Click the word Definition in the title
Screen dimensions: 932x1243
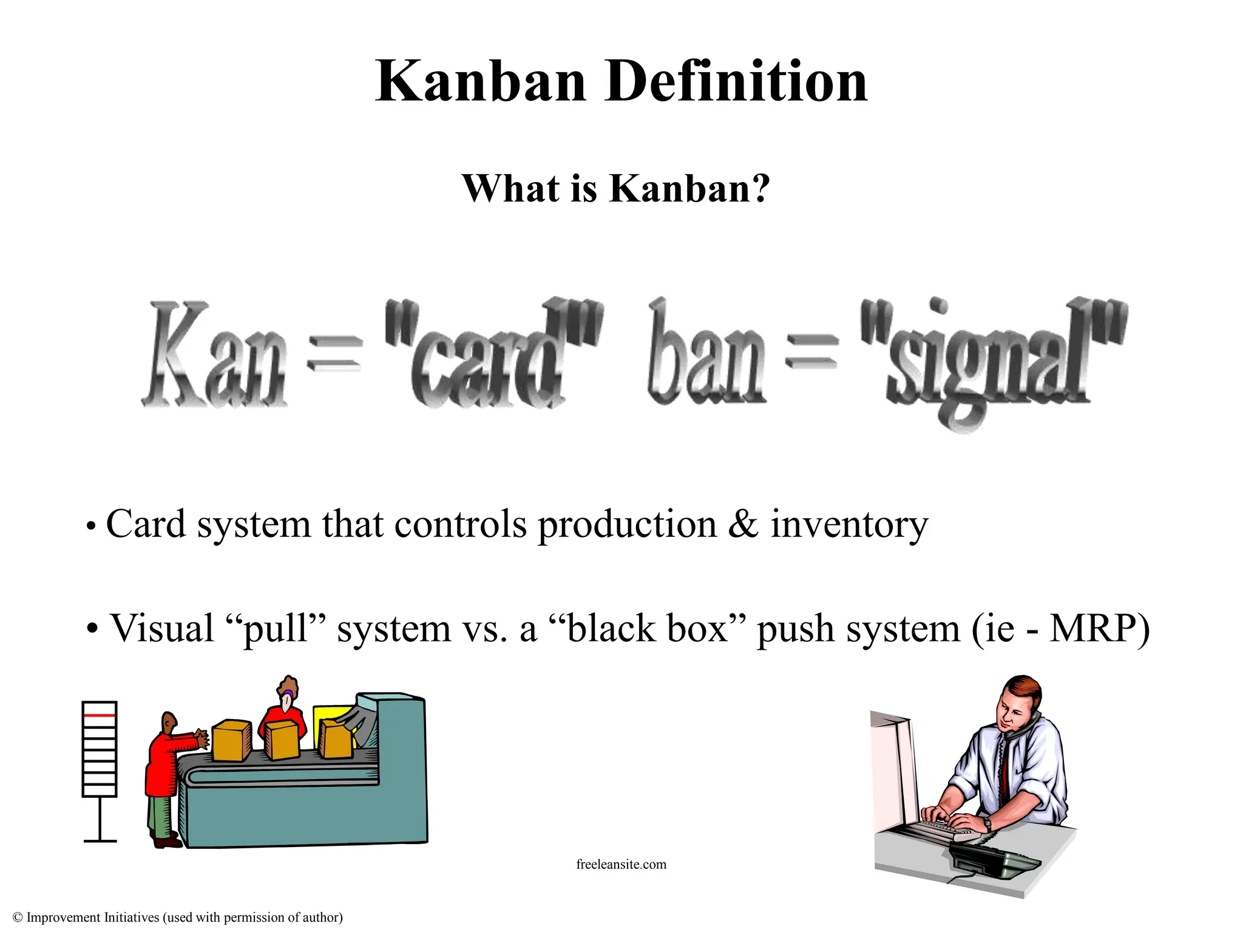(x=736, y=82)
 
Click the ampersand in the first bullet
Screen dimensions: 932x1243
(x=743, y=524)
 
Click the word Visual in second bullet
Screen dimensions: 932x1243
(x=161, y=628)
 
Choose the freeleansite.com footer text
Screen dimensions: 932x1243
(x=621, y=864)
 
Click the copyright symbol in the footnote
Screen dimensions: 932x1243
(x=18, y=917)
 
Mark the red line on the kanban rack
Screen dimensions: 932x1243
(x=99, y=716)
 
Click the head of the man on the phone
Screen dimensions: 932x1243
(x=1017, y=704)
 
